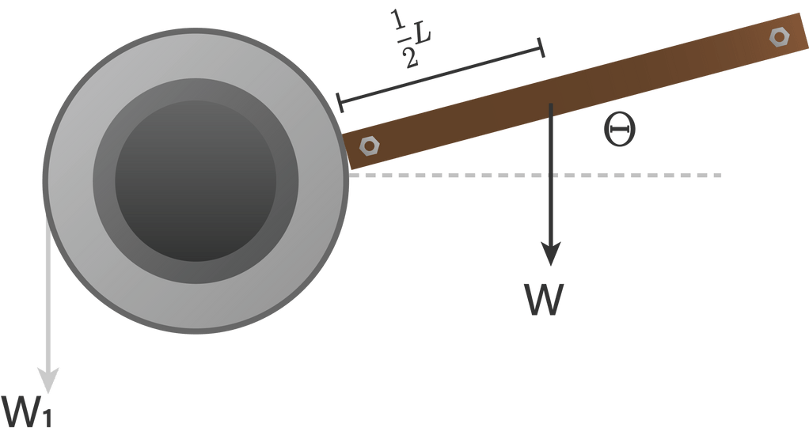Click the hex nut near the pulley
[x=368, y=146]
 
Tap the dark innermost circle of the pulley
[x=196, y=180]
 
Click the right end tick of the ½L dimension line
[x=541, y=48]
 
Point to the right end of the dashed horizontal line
[x=719, y=175]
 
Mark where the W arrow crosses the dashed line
[x=551, y=175]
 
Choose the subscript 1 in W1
[x=47, y=418]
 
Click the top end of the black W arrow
[x=551, y=105]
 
